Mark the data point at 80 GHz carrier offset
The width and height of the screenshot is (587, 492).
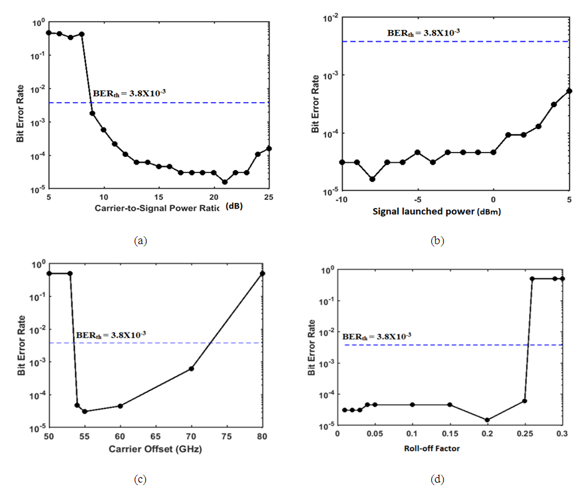point(262,273)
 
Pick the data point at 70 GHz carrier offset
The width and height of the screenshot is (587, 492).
point(191,369)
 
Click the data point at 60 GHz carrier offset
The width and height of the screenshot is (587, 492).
point(120,406)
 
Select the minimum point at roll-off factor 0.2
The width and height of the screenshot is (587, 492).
point(487,420)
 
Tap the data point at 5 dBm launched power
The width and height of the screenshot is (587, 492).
point(569,91)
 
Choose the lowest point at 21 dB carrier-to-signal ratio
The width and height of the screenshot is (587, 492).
point(225,182)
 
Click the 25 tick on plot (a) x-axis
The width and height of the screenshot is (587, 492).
point(268,196)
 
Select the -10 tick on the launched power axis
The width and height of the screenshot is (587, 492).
point(341,199)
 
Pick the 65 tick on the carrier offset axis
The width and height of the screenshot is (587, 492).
point(156,437)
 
